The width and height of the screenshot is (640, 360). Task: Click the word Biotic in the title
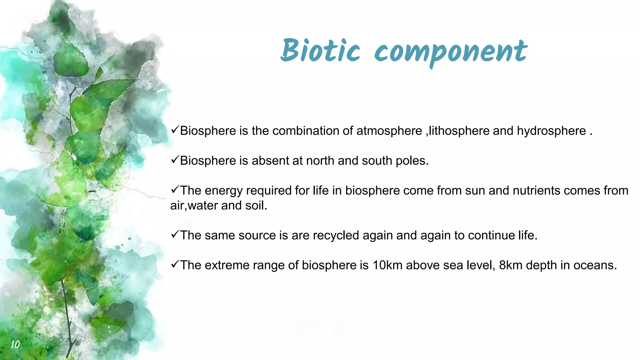pyautogui.click(x=320, y=51)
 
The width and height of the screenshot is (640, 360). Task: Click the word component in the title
pyautogui.click(x=451, y=52)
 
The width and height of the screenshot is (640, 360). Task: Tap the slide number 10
pyautogui.click(x=15, y=344)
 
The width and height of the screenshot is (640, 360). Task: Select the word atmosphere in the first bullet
pyautogui.click(x=389, y=131)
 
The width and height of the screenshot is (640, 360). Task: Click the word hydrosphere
pyautogui.click(x=551, y=131)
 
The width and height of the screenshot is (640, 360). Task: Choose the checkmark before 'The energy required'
pyautogui.click(x=175, y=190)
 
